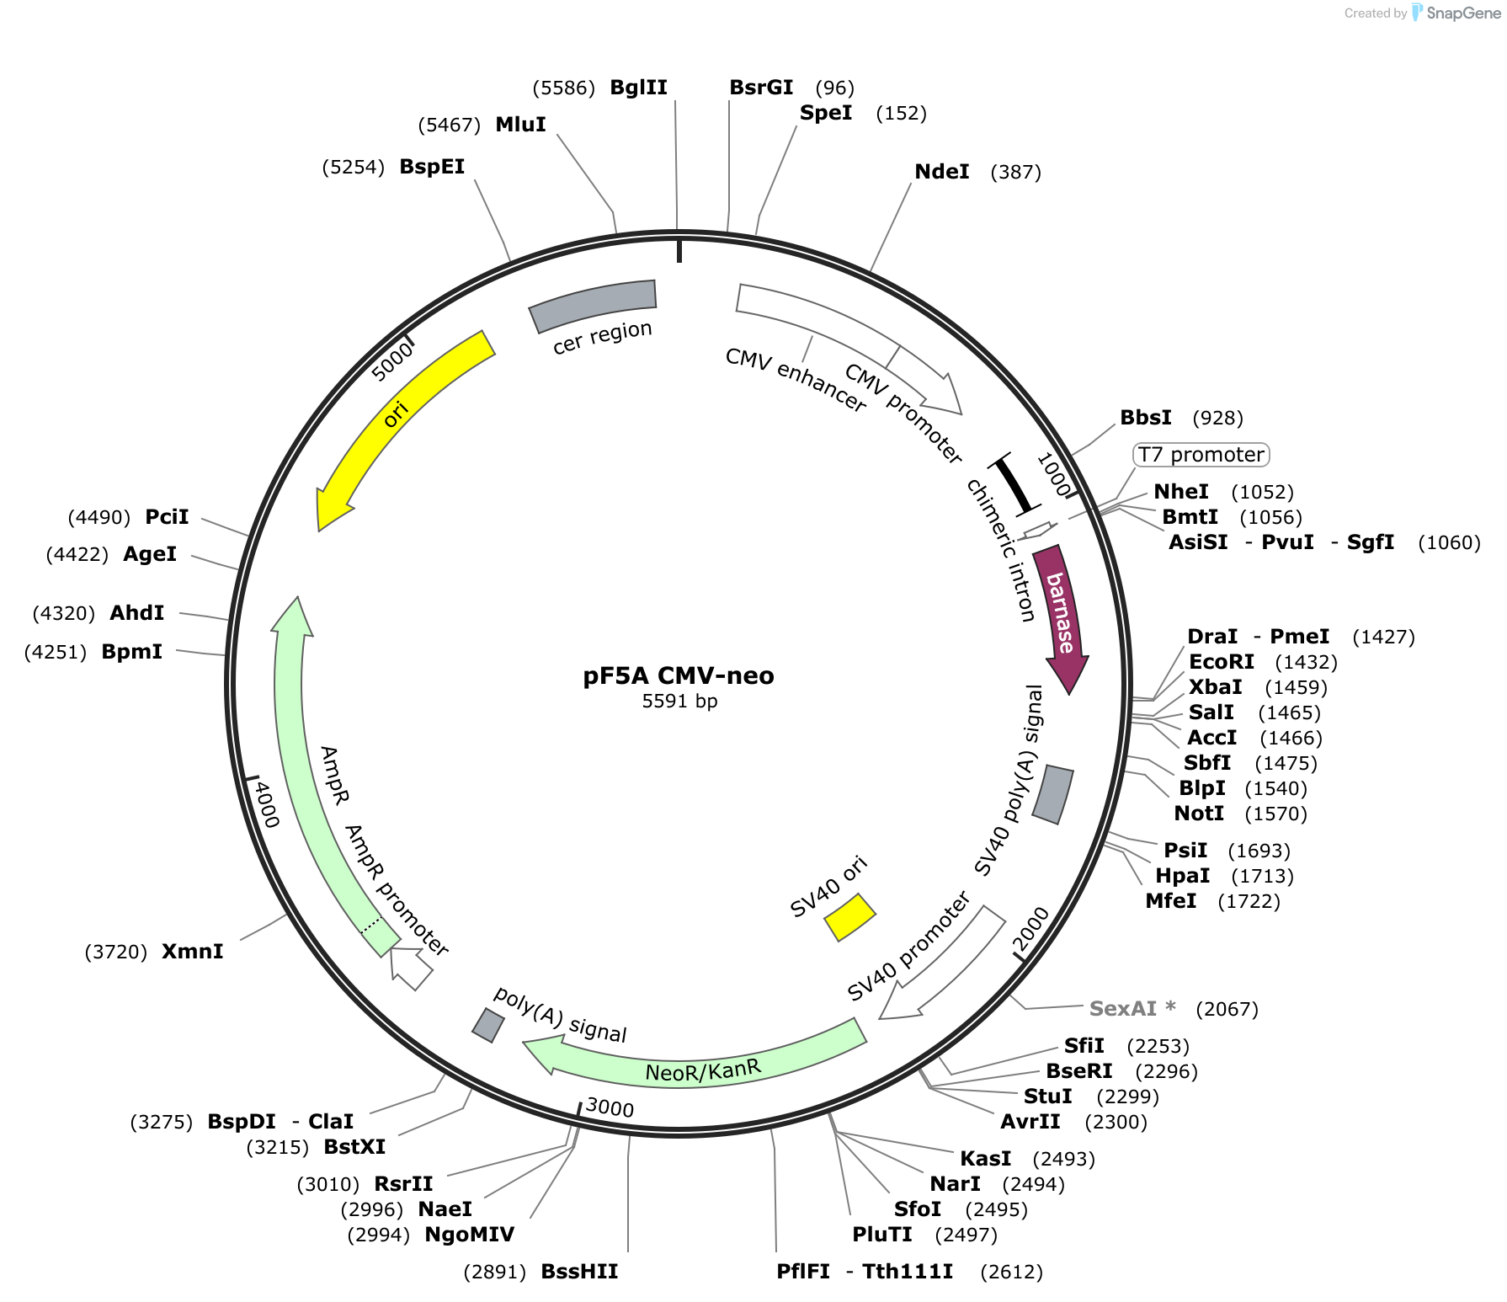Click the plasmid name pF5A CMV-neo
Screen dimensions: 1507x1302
click(x=679, y=675)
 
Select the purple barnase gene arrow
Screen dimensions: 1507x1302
click(x=1061, y=615)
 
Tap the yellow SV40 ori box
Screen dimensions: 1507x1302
click(x=850, y=916)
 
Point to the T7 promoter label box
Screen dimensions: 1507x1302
click(x=1201, y=455)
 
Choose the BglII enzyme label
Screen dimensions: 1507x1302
click(x=638, y=88)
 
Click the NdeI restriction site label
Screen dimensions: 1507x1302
click(x=942, y=172)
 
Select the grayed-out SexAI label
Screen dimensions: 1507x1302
click(x=1132, y=1008)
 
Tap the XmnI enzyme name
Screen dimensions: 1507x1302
click(x=193, y=952)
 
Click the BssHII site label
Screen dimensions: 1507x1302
click(x=579, y=1272)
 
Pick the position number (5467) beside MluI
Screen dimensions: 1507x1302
click(x=450, y=125)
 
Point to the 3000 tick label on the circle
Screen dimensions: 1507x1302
click(x=610, y=1107)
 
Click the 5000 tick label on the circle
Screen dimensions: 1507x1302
click(x=392, y=361)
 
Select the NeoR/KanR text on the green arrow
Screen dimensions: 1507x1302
click(x=703, y=1070)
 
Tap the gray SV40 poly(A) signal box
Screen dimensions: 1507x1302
click(x=1053, y=794)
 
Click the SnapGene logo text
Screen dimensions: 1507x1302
click(x=1463, y=13)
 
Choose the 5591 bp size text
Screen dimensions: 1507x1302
click(x=679, y=701)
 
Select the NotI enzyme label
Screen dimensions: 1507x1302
click(x=1199, y=814)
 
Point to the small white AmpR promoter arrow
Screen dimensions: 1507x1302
click(x=412, y=968)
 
